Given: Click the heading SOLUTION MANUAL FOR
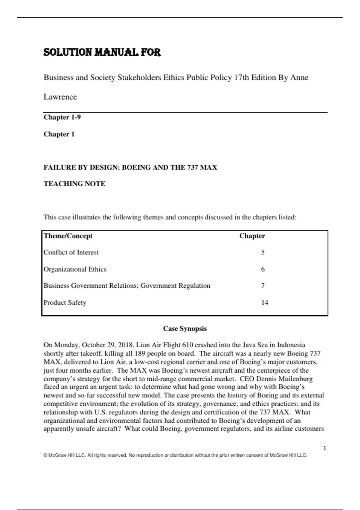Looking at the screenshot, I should (102, 52).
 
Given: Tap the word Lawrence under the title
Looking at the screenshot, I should (60, 97).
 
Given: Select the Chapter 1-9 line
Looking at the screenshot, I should (62, 117).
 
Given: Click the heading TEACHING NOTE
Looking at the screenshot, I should (74, 184).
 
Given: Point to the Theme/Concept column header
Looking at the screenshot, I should (68, 236).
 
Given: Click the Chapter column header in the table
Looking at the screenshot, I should (252, 236).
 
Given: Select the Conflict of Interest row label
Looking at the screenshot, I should (71, 252).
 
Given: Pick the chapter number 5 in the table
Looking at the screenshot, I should (263, 252).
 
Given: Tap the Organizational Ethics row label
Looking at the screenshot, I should (75, 269).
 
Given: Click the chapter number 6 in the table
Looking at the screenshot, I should (263, 269).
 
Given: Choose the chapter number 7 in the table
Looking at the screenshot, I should (263, 286).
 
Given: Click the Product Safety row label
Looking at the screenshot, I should (65, 302).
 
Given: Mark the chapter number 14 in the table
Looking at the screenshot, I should (265, 302).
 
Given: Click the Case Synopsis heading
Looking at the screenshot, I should (185, 328).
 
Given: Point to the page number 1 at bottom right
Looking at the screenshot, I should (325, 448).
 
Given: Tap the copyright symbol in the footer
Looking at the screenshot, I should (45, 455).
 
